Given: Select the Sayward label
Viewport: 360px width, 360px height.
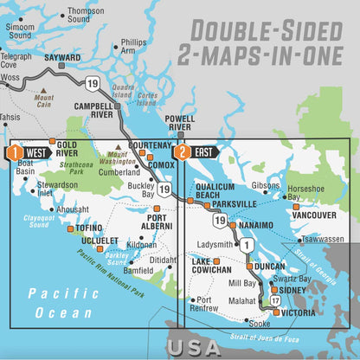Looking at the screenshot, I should (x=62, y=58).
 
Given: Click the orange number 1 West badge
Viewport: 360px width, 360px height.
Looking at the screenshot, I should (x=13, y=152).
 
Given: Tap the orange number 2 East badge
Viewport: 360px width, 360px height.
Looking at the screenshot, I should (x=182, y=152).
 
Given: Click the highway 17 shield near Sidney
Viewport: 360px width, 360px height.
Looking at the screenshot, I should (x=274, y=300).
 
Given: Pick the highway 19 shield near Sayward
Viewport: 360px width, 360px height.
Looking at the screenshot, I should (x=93, y=82).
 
